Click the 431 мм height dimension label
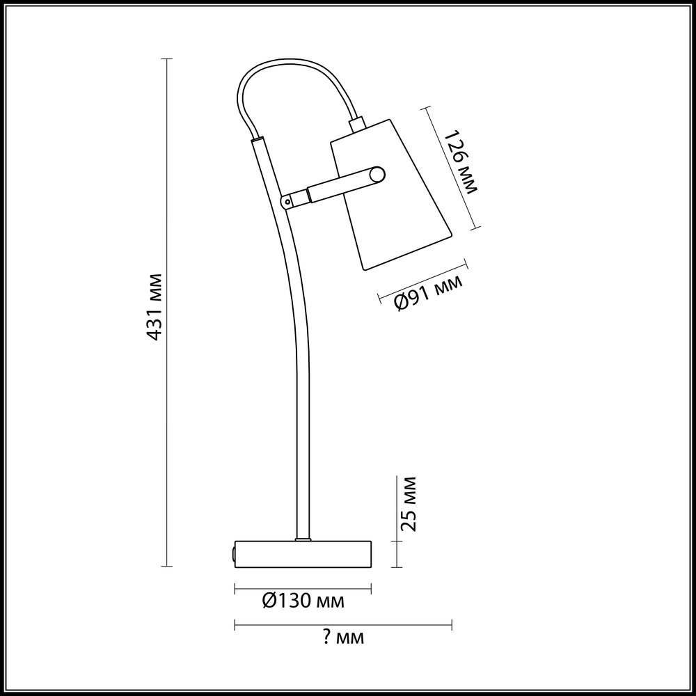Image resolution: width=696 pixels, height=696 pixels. pyautogui.click(x=153, y=307)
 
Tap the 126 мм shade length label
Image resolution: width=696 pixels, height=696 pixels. pyautogui.click(x=461, y=161)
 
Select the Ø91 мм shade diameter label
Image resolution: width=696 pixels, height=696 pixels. pyautogui.click(x=428, y=294)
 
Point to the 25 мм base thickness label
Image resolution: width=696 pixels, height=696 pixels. pyautogui.click(x=408, y=504)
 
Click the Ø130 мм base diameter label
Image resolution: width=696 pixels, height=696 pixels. pyautogui.click(x=303, y=601)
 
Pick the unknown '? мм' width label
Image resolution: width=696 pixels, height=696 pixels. pyautogui.click(x=342, y=638)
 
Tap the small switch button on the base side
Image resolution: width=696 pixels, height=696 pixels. pyautogui.click(x=233, y=554)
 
